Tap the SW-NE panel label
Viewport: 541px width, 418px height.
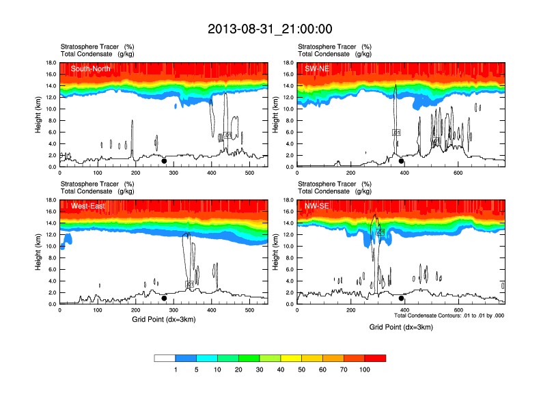318,68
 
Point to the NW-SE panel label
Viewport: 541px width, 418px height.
318,206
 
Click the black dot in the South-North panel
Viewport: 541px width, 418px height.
164,161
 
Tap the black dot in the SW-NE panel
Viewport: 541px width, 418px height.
402,161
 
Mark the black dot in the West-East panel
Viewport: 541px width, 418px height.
164,298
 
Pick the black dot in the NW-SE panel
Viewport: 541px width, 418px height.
402,298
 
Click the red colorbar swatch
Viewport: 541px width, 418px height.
376,358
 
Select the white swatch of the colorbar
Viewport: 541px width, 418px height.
165,358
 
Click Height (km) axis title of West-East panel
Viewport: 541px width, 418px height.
38,252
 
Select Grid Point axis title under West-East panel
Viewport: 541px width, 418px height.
164,318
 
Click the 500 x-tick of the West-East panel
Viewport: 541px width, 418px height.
249,311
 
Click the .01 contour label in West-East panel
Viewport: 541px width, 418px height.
190,284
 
